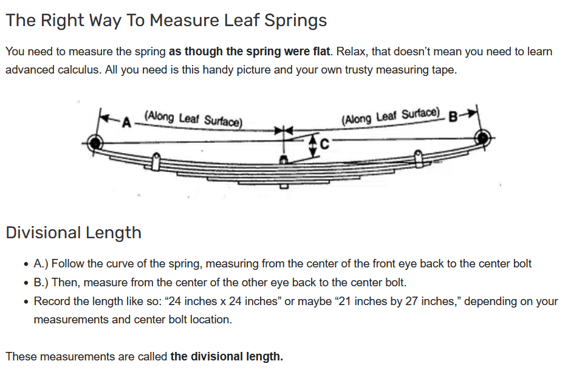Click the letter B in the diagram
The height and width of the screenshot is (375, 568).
tap(452, 117)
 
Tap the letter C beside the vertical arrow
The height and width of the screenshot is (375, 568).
tap(324, 145)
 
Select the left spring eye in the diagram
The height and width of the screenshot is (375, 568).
tap(95, 144)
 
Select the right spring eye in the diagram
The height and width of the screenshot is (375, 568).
tap(483, 137)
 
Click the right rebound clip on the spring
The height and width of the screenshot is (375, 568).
tap(418, 157)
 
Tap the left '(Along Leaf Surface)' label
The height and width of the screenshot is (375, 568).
tap(193, 118)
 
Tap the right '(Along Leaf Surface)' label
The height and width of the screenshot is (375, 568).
tap(391, 115)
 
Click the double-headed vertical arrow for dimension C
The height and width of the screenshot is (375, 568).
tap(313, 146)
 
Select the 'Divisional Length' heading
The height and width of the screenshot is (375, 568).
tap(74, 233)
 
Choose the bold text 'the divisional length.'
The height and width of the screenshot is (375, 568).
tap(227, 356)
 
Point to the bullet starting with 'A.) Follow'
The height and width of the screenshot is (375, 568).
tap(282, 264)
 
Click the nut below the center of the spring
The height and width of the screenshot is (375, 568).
tap(283, 185)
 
